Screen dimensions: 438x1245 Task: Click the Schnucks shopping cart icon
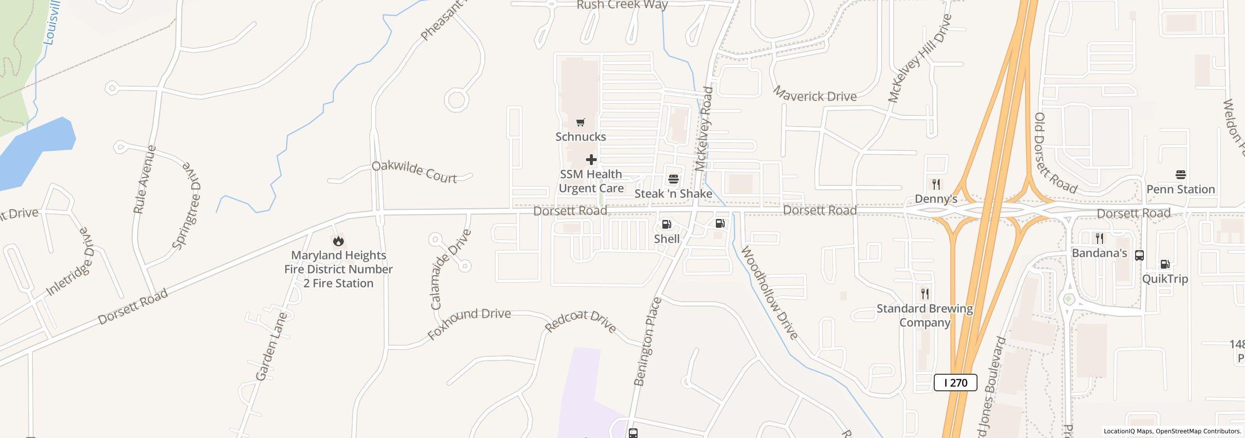coord(580,122)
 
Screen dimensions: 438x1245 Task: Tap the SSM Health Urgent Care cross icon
coord(591,160)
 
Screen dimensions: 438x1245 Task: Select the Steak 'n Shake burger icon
coord(673,179)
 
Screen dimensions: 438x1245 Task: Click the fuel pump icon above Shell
coord(666,224)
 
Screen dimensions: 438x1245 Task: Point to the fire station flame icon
coord(338,241)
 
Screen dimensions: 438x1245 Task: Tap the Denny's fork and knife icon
coord(936,184)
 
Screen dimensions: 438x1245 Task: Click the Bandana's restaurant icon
coord(1099,238)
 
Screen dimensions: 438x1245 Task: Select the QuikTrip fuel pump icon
coord(1165,264)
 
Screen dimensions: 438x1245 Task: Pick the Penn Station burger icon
coord(1180,175)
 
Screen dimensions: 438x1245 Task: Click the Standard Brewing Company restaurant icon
coord(925,294)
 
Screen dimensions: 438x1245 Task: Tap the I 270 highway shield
coord(955,383)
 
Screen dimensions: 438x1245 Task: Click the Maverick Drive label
coord(814,94)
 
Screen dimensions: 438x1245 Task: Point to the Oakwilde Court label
coord(414,172)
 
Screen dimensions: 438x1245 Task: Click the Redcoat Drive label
coord(581,322)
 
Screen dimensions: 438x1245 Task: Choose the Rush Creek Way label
coord(622,5)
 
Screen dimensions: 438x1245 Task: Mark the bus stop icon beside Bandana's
coord(1139,255)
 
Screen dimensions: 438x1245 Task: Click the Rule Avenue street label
coord(144,179)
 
